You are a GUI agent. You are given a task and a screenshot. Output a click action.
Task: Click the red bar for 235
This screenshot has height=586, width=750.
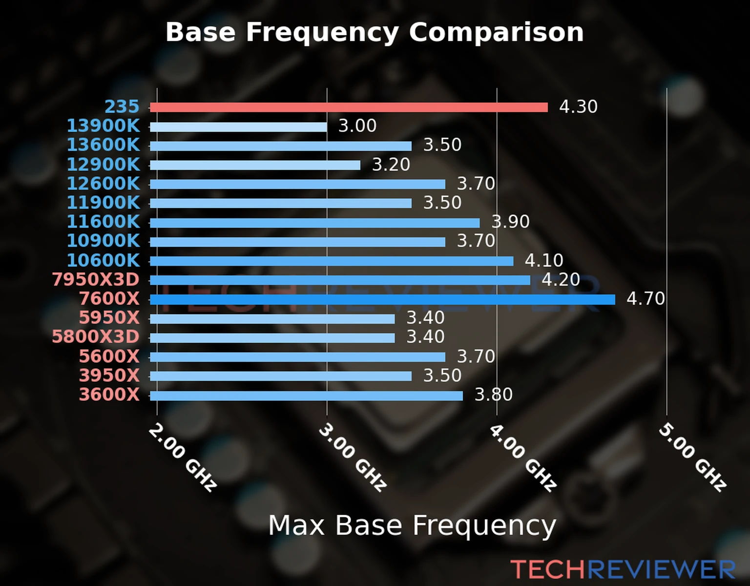coord(349,107)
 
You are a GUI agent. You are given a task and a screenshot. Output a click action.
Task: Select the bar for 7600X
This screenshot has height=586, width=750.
coord(382,299)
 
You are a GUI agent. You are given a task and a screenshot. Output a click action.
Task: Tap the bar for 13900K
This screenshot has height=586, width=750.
coord(238,127)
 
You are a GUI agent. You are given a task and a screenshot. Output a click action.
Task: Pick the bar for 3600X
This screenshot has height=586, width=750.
coord(306,396)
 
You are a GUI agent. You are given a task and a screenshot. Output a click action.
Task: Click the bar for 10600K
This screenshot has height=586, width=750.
coord(332,261)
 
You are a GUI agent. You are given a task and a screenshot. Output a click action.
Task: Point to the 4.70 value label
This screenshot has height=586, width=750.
coord(646,298)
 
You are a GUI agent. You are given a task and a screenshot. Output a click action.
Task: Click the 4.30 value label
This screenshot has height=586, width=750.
coord(578,106)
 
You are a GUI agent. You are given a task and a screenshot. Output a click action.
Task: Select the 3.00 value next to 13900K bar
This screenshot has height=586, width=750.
coord(357,126)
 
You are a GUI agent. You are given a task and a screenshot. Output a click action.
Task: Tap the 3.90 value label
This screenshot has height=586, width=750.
coord(510,222)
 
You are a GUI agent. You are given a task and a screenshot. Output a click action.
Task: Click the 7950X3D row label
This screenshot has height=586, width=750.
coord(96,280)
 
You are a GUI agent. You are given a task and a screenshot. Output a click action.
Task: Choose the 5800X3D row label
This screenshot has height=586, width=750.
coord(96,337)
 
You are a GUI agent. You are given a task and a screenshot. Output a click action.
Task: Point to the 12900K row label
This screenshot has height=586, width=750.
coord(103,165)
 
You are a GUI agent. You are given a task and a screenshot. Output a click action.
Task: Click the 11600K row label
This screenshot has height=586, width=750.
coord(103,222)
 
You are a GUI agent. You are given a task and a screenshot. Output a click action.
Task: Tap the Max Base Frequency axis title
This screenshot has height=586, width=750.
coord(412,525)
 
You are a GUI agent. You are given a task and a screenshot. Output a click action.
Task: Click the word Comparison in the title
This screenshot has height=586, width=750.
coord(496,32)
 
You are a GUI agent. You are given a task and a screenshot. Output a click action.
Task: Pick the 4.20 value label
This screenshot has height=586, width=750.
coord(561,279)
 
